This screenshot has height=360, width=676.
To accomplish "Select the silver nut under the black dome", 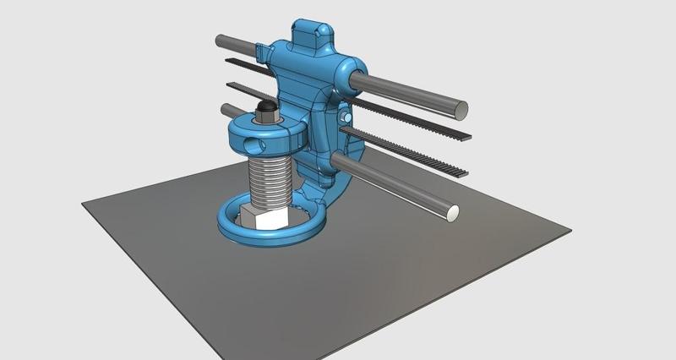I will tap(266, 119).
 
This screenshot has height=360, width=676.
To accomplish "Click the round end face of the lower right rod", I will tap(453, 215).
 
